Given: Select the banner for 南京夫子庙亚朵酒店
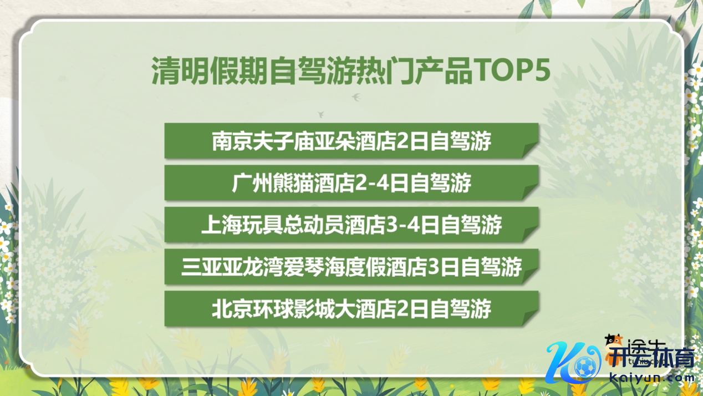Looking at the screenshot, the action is pos(351,141).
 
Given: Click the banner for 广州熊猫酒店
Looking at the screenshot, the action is pos(351,183).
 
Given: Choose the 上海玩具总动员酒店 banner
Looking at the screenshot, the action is pos(351,225).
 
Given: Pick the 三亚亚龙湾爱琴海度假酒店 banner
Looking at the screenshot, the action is pos(351,267).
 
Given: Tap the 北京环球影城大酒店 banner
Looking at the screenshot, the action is pos(351,309).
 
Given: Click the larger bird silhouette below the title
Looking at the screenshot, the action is pos(356,97).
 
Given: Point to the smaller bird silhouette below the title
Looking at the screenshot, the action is pos(321,115).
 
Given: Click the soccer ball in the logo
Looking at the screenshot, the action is pos(585,367).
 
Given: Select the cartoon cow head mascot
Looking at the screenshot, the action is pos(614,342).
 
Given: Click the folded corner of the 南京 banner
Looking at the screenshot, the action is pos(531,150).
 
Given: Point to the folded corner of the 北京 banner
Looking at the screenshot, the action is pos(531,318).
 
